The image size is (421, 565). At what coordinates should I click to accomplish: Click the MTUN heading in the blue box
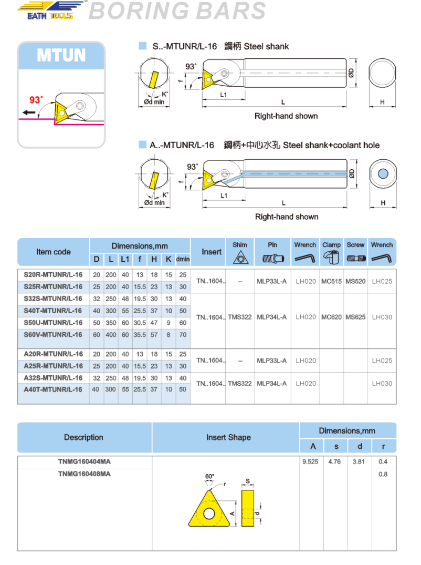pyautogui.click(x=61, y=55)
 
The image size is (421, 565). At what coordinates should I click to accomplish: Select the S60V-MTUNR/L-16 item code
pyautogui.click(x=53, y=335)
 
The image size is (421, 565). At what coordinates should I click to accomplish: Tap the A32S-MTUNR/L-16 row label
pyautogui.click(x=53, y=378)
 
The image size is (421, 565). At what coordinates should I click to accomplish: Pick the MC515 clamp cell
pyautogui.click(x=331, y=281)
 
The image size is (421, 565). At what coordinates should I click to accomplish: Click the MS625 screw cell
pyautogui.click(x=355, y=317)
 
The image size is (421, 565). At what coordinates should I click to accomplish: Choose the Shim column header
pyautogui.click(x=240, y=244)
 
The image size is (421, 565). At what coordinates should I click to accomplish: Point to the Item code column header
pyautogui.click(x=53, y=252)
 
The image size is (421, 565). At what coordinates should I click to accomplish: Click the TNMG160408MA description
pyautogui.click(x=85, y=474)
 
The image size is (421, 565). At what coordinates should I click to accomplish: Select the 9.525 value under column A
pyautogui.click(x=310, y=462)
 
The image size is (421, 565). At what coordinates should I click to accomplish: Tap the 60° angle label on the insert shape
pyautogui.click(x=209, y=477)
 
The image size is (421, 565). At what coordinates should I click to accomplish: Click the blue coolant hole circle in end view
pyautogui.click(x=383, y=174)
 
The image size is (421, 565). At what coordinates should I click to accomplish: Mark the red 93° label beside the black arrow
pyautogui.click(x=36, y=100)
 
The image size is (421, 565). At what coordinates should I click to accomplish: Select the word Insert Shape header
pyautogui.click(x=228, y=437)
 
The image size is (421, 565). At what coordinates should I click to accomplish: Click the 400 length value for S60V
pyautogui.click(x=111, y=335)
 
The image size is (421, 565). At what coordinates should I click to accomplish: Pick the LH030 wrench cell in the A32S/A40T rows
pyautogui.click(x=382, y=384)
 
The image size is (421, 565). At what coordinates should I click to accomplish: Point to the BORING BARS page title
pyautogui.click(x=177, y=11)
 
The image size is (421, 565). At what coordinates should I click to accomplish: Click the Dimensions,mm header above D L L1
pyautogui.click(x=140, y=246)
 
